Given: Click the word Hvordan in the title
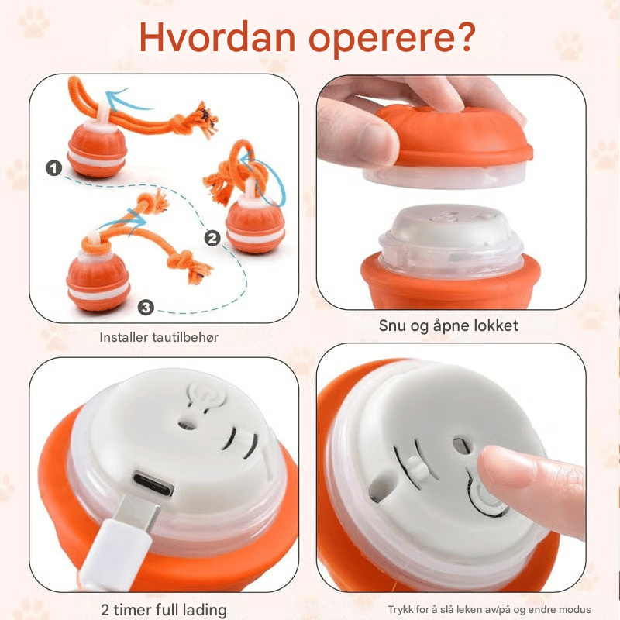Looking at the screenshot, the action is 217,37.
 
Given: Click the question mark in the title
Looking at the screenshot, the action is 466,36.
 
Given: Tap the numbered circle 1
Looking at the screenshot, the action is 53,167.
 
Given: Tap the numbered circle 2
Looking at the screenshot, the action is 212,238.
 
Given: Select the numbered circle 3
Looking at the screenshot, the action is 146,307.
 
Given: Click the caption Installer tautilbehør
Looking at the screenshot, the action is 159,337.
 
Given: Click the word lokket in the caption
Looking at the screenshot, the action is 496,325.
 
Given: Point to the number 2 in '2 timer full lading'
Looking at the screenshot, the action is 105,609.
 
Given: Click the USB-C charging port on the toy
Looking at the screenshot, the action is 153,483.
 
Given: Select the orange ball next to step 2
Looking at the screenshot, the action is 256,226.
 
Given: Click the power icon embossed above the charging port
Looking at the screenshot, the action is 206,394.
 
